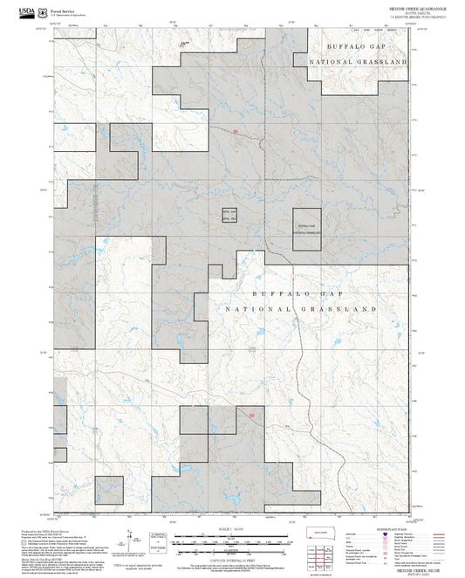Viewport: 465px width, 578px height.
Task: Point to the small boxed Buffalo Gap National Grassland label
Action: (305, 230)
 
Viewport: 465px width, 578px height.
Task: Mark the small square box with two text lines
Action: (229, 218)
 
